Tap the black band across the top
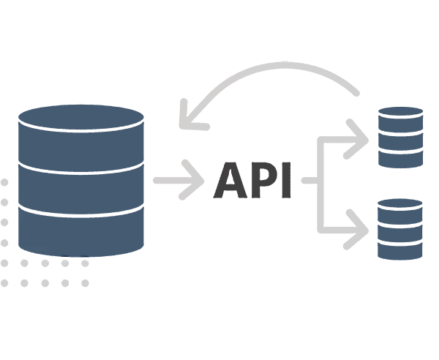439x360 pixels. pyautogui.click(x=219, y=29)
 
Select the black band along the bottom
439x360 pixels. pyautogui.click(x=219, y=326)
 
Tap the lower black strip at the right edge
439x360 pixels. pyautogui.click(x=433, y=227)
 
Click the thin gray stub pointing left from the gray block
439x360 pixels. pyautogui.click(x=163, y=181)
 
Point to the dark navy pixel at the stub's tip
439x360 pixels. pyautogui.click(x=149, y=182)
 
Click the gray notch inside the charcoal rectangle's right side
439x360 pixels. pyautogui.click(x=307, y=181)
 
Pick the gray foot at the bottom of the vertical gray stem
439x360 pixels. pyautogui.click(x=356, y=244)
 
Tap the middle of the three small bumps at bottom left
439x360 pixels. pyautogui.click(x=66, y=260)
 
